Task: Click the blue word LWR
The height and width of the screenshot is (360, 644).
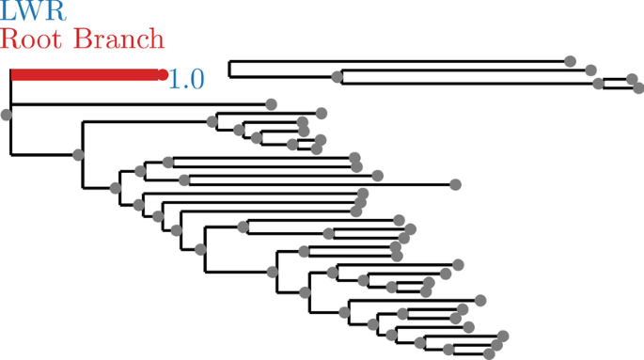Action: pos(34,11)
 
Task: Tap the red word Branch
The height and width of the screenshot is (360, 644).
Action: pos(118,39)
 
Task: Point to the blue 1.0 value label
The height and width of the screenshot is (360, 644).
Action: pos(186,79)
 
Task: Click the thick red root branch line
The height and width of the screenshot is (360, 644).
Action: pos(85,74)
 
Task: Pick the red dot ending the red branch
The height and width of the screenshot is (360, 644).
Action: pos(163,74)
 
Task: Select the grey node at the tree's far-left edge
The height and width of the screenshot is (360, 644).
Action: pos(7,115)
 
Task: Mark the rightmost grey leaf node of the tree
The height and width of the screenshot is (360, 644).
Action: pos(638,89)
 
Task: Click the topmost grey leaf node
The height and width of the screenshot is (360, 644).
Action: pos(570,61)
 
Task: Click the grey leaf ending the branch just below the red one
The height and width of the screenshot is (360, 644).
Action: pos(271,104)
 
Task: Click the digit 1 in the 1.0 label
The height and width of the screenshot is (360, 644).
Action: pos(175,79)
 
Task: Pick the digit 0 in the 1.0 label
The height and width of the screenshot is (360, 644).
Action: pos(196,79)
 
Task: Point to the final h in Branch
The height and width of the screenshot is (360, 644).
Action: pos(155,39)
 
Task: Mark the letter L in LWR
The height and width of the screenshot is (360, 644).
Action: pos(8,11)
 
